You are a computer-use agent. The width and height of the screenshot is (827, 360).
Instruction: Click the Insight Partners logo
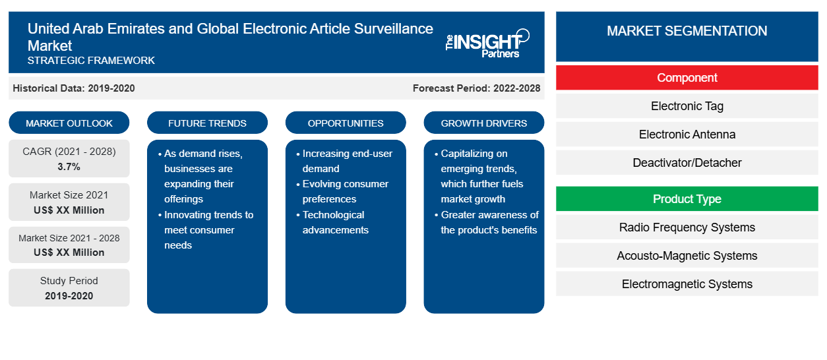point(487,44)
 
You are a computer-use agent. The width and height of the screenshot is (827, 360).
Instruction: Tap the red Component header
point(687,78)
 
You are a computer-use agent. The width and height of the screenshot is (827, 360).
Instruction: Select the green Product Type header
point(687,198)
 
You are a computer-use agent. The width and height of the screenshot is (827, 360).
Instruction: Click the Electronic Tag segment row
point(687,106)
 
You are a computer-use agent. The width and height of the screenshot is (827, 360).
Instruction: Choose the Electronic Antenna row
point(687,135)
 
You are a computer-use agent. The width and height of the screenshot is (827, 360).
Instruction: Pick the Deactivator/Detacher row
point(687,162)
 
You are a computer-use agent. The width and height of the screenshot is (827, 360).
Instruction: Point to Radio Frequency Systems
point(687,227)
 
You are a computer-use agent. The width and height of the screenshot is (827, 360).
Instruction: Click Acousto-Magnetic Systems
point(687,256)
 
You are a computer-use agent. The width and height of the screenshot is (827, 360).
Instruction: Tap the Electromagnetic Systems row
point(687,284)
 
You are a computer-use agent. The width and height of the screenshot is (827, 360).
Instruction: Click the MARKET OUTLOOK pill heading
point(69,123)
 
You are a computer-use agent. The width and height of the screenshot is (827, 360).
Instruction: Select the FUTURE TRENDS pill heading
point(207,123)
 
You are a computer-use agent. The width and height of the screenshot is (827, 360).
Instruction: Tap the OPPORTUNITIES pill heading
point(346,123)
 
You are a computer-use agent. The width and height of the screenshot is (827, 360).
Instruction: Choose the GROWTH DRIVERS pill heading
point(483,123)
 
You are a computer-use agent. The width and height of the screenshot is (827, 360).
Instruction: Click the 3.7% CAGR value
point(69,167)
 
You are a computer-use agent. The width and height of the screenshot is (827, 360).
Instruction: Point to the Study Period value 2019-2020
point(69,296)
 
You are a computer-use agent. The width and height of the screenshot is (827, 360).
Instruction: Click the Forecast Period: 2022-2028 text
point(476,88)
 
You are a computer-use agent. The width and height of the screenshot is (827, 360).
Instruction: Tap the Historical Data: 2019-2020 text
point(74,88)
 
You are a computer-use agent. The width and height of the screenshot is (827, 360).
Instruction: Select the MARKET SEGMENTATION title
point(687,30)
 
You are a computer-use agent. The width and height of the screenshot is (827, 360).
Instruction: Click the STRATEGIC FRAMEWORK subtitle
point(91,61)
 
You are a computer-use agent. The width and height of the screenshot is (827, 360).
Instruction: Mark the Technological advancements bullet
point(332,222)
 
